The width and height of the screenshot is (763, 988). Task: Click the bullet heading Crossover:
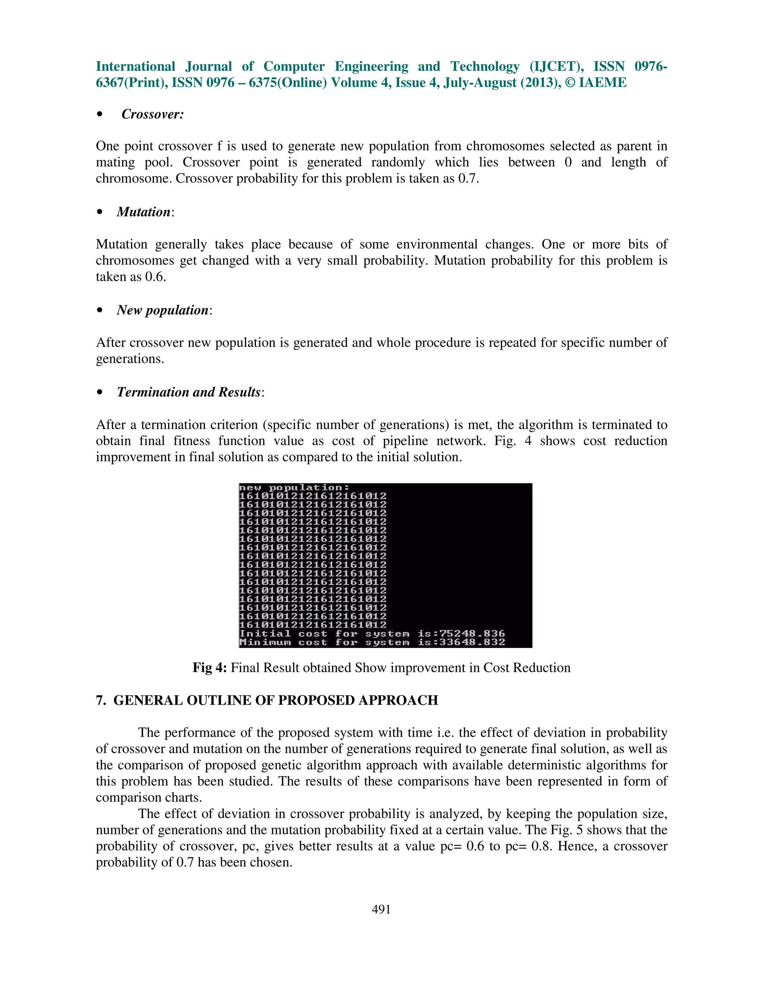pos(152,114)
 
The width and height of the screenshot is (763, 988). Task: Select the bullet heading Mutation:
pos(145,212)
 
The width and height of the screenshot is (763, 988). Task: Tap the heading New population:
pos(164,310)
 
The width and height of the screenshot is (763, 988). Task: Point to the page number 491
pos(381,909)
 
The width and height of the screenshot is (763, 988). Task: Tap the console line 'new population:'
pos(294,488)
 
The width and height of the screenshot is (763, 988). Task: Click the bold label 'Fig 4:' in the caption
pos(209,668)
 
